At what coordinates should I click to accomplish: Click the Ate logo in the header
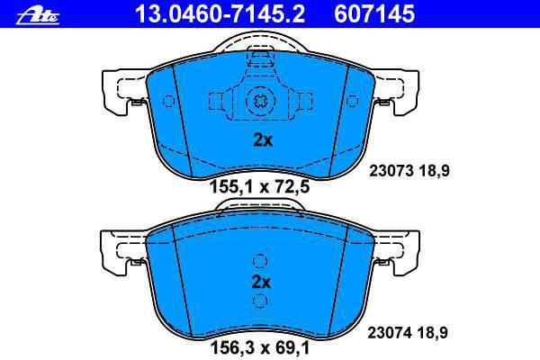[38, 15]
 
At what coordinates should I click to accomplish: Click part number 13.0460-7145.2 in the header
[220, 13]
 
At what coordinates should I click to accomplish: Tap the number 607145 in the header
[374, 13]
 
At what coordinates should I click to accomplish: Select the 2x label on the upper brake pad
[263, 139]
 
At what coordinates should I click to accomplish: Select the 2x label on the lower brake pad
[261, 282]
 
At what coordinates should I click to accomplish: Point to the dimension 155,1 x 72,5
[260, 187]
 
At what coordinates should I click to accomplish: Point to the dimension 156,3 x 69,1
[260, 347]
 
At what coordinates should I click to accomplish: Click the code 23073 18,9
[409, 171]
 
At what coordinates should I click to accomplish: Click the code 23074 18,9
[408, 333]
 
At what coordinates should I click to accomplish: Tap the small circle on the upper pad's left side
[168, 101]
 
